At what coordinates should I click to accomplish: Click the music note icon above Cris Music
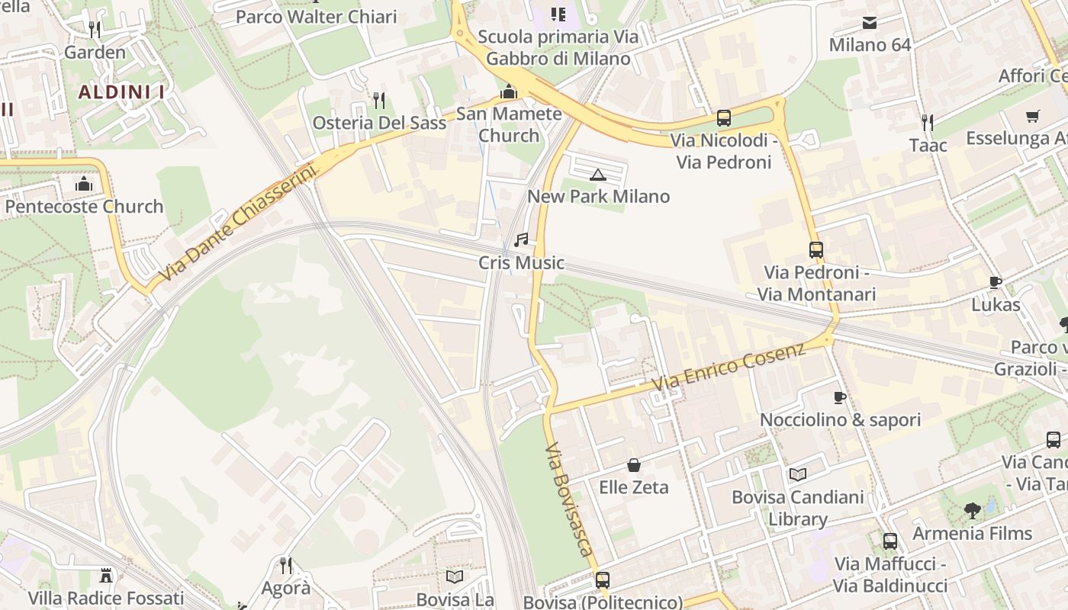click(x=521, y=240)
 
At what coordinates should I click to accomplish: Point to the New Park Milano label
click(x=598, y=196)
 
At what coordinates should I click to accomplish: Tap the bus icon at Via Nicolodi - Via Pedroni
click(x=723, y=118)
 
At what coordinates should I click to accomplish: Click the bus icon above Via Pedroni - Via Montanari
click(x=815, y=249)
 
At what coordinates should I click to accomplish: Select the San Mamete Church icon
click(x=508, y=92)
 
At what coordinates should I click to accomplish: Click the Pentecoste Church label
click(x=84, y=207)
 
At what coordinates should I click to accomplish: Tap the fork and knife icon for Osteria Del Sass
click(x=378, y=101)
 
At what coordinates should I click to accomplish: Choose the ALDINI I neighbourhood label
click(x=122, y=92)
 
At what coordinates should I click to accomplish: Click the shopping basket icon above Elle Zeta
click(x=633, y=465)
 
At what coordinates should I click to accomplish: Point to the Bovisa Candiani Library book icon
click(x=797, y=475)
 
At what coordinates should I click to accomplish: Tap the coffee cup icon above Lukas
click(x=995, y=283)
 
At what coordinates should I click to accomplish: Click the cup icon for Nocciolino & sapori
click(x=839, y=398)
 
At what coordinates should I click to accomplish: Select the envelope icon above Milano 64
click(x=869, y=23)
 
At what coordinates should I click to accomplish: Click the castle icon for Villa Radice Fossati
click(x=106, y=575)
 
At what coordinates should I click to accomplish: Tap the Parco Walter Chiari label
click(x=316, y=17)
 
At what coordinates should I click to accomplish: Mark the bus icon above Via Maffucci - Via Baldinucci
click(x=889, y=541)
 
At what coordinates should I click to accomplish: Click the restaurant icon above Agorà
click(x=285, y=566)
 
